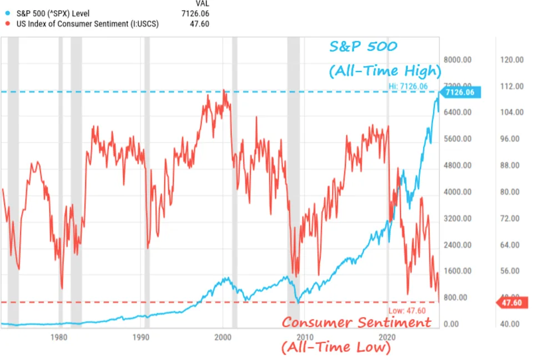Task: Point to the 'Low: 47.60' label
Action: point(410,310)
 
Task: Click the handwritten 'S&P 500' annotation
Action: point(364,47)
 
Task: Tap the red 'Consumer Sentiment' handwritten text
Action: point(356,323)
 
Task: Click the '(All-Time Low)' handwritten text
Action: point(336,348)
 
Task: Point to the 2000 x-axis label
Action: point(223,337)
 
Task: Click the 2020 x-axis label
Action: point(386,337)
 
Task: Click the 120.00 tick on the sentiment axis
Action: point(509,60)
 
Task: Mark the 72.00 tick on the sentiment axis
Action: point(509,219)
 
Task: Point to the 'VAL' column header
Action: point(202,3)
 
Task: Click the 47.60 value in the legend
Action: point(200,24)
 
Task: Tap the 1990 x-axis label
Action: point(141,337)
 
